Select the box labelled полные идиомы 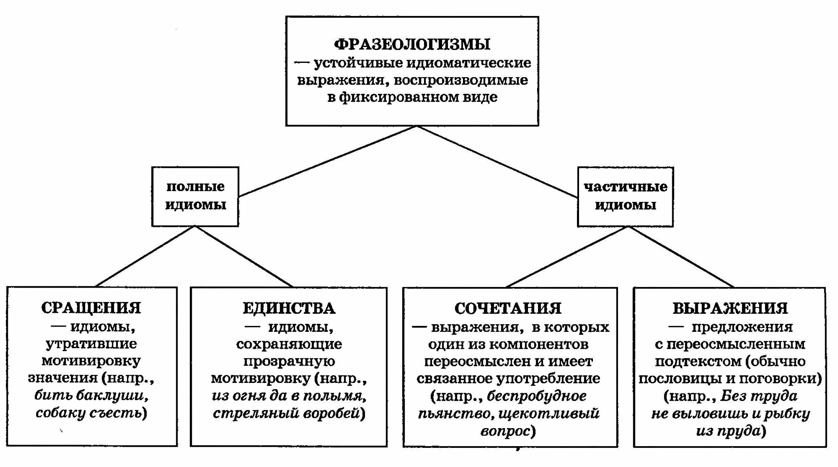pos(195,196)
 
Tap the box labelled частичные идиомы pos(625,197)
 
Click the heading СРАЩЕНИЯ pos(91,308)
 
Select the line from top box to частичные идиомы pos(497,162)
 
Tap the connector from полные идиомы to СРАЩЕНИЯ pos(144,257)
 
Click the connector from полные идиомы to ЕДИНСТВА pos(243,257)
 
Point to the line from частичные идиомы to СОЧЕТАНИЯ pos(567,257)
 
